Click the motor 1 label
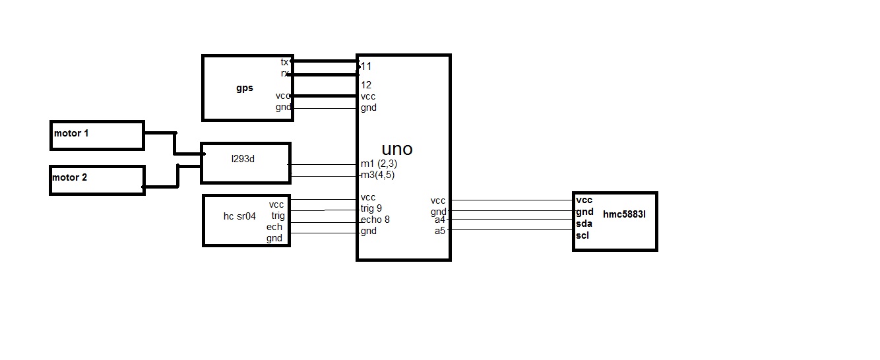click(x=71, y=134)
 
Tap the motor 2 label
click(x=70, y=178)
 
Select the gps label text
click(x=244, y=88)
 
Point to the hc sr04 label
click(x=239, y=216)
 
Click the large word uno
click(x=397, y=148)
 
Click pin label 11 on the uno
click(x=366, y=67)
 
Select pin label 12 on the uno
click(x=366, y=85)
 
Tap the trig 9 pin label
click(x=371, y=208)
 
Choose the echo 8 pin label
click(x=375, y=220)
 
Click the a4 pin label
click(x=440, y=220)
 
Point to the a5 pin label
click(x=440, y=231)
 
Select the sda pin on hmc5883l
click(x=584, y=224)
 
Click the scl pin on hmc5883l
click(x=582, y=235)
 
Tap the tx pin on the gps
click(x=284, y=62)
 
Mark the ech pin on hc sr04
click(x=274, y=227)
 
